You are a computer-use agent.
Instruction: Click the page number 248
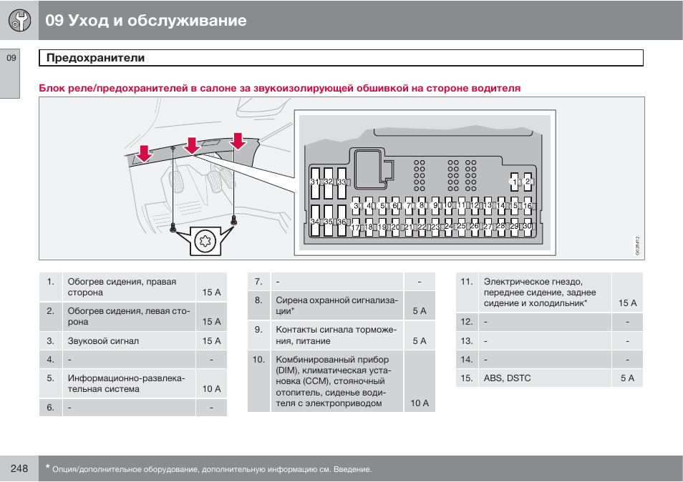[x=19, y=468]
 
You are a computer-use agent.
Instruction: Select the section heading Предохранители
[x=96, y=58]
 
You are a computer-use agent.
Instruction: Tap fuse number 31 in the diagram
[x=314, y=182]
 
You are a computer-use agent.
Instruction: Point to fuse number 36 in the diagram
[x=341, y=222]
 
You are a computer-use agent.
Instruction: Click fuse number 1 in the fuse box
[x=514, y=182]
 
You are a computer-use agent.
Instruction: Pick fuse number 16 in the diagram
[x=528, y=206]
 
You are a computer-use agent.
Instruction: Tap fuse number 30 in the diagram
[x=527, y=226]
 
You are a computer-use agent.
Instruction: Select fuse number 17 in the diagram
[x=356, y=227]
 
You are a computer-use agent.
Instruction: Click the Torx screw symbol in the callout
[x=205, y=242]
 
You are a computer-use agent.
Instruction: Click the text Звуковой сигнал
[x=103, y=341]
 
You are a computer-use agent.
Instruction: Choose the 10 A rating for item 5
[x=211, y=389]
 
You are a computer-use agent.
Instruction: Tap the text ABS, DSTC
[x=507, y=378]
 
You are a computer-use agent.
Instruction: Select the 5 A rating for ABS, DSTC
[x=627, y=378]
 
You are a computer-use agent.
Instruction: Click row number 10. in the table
[x=258, y=360]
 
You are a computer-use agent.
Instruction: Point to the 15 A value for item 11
[x=627, y=303]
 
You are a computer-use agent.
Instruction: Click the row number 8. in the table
[x=258, y=300]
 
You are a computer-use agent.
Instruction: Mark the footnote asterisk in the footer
[x=47, y=468]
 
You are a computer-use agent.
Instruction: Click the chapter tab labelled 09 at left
[x=11, y=58]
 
